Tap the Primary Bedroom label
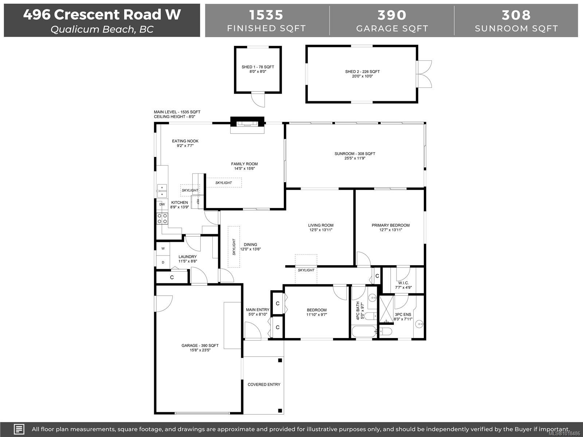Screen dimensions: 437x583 point(391,225)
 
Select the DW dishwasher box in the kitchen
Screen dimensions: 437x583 point(162,204)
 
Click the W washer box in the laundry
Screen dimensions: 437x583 point(163,248)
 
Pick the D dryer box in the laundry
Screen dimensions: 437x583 point(163,262)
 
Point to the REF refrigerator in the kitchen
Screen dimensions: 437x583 point(198,202)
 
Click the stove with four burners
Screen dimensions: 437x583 point(163,219)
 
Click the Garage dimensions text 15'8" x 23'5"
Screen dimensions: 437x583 point(200,350)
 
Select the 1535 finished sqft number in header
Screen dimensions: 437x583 point(266,15)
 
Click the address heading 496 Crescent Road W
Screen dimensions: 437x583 point(102,15)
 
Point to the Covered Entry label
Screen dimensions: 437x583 point(264,385)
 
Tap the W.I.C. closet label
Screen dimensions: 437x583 point(403,283)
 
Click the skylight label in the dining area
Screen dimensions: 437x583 point(234,247)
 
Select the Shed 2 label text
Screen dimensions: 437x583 point(362,72)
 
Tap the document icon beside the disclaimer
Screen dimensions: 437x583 point(19,429)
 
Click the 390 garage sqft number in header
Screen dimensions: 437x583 point(392,15)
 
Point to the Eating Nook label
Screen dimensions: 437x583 point(185,141)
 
